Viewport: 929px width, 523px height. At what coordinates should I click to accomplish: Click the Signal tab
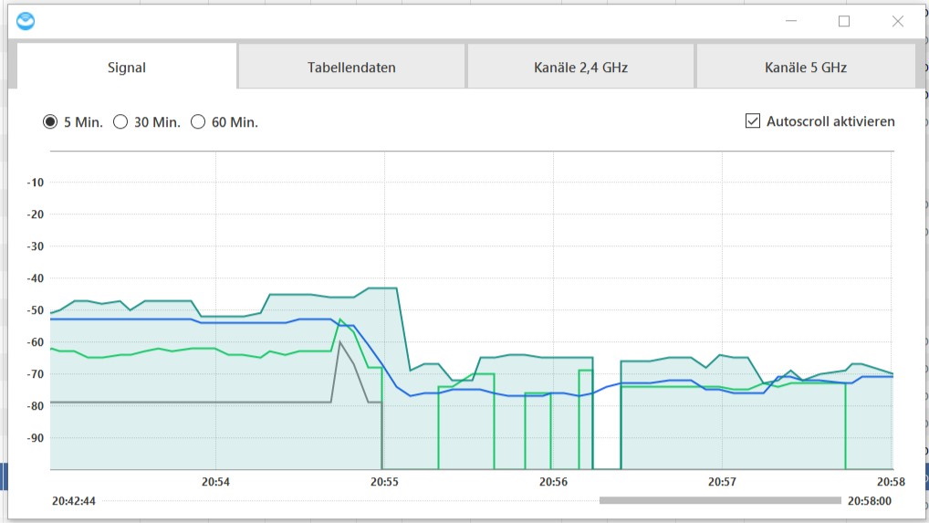127,68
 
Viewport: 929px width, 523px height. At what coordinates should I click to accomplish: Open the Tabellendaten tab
351,68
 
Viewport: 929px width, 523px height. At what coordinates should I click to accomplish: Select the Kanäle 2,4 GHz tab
580,68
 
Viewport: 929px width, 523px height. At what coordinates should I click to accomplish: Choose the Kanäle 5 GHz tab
805,68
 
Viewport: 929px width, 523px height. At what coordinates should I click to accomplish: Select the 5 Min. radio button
50,122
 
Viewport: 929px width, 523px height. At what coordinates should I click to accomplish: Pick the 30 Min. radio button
120,122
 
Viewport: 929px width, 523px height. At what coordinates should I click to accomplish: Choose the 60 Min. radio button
198,122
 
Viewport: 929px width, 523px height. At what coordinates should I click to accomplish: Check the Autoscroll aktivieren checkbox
753,121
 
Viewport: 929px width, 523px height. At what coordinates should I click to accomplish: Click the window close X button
897,21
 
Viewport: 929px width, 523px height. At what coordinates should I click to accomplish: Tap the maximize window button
844,21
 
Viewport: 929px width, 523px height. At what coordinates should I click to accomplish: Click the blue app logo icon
26,20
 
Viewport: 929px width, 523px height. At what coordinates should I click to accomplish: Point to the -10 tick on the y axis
36,183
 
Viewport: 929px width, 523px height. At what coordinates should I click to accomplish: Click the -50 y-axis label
36,310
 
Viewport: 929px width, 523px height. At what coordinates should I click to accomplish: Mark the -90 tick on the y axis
36,438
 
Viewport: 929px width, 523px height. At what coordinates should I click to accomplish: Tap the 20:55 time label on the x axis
384,481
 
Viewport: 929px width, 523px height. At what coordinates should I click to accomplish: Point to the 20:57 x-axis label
722,481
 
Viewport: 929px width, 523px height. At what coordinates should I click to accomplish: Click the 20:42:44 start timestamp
74,501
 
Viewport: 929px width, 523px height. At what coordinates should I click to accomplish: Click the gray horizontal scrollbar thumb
720,500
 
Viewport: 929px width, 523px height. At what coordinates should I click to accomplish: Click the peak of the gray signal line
339,342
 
